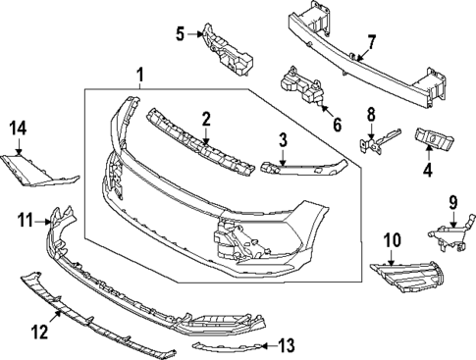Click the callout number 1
(139, 75)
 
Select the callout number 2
(207, 119)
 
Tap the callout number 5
(282, 140)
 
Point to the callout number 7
(426, 169)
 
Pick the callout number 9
(181, 34)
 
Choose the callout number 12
(337, 125)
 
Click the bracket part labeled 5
(453, 204)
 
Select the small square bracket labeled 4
(392, 238)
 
